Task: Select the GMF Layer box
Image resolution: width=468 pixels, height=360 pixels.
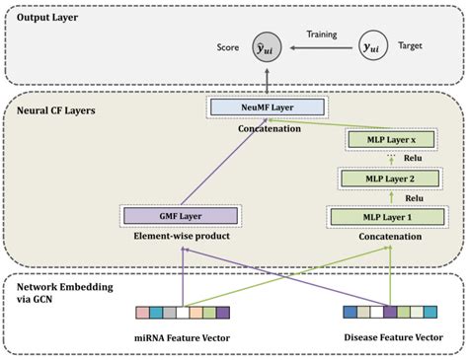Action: (x=178, y=215)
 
